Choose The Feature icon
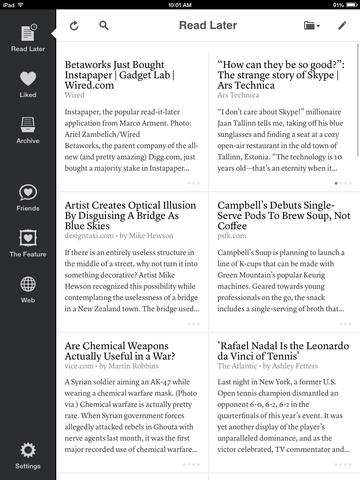pyautogui.click(x=27, y=240)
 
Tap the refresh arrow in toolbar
pyautogui.click(x=75, y=26)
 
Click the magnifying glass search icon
pyautogui.click(x=104, y=26)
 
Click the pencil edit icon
pyautogui.click(x=343, y=26)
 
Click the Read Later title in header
pyautogui.click(x=207, y=26)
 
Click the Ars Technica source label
pyautogui.click(x=237, y=95)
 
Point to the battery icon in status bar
pyautogui.click(x=343, y=4)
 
